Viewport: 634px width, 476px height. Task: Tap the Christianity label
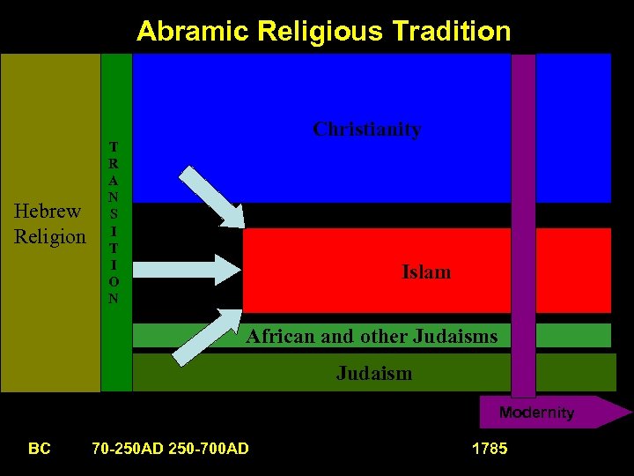point(367,129)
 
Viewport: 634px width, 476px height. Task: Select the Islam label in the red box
point(426,271)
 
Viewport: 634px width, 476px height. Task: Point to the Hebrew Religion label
point(50,224)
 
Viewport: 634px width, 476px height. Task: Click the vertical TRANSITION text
point(114,222)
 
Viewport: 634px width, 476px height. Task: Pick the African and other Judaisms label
point(372,336)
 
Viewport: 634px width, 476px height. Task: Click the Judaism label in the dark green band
point(373,373)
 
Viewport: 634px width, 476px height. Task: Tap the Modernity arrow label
point(536,413)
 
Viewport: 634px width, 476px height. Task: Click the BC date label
point(39,449)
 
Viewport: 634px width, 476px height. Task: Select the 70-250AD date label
point(127,449)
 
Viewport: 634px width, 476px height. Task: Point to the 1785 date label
point(490,449)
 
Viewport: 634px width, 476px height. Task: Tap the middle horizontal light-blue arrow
point(209,269)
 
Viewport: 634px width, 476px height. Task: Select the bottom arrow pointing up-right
point(209,336)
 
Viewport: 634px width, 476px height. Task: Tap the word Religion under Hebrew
point(50,236)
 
